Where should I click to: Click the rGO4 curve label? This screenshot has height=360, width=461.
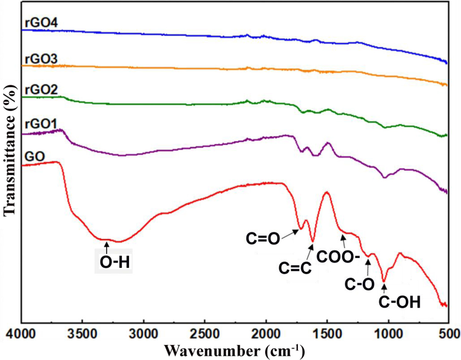pyautogui.click(x=41, y=23)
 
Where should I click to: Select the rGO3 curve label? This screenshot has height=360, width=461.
pyautogui.click(x=41, y=59)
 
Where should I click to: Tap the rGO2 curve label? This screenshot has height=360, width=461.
pyautogui.click(x=41, y=90)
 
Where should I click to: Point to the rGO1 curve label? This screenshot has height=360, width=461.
pyautogui.click(x=41, y=124)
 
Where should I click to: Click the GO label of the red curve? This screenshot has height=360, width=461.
pyautogui.click(x=35, y=157)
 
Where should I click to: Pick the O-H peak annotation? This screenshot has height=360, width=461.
pyautogui.click(x=115, y=262)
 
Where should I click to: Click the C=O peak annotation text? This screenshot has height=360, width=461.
pyautogui.click(x=263, y=239)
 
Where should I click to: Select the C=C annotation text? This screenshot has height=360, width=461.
pyautogui.click(x=295, y=268)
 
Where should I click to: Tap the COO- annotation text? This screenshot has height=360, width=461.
pyautogui.click(x=338, y=257)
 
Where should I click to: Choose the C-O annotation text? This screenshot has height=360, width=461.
pyautogui.click(x=360, y=284)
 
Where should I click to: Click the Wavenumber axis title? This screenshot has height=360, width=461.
pyautogui.click(x=234, y=350)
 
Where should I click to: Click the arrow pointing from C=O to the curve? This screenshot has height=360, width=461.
pyautogui.click(x=291, y=233)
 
